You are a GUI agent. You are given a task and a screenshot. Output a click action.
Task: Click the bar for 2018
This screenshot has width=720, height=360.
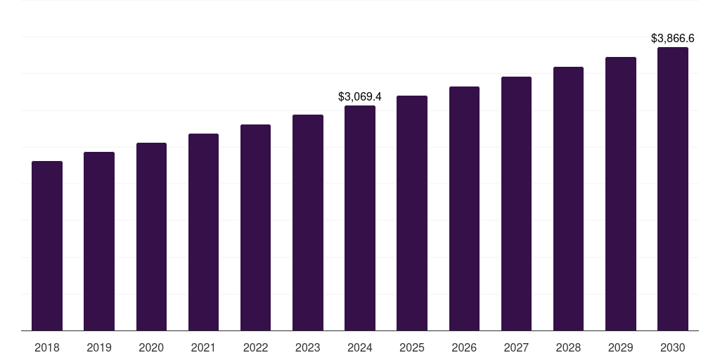pyautogui.click(x=47, y=246)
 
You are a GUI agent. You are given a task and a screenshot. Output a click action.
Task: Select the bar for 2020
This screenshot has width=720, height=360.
pyautogui.click(x=151, y=237)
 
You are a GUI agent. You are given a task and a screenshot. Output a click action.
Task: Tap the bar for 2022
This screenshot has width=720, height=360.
pyautogui.click(x=255, y=228)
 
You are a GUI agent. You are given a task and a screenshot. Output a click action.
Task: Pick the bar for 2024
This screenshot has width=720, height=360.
pyautogui.click(x=360, y=218)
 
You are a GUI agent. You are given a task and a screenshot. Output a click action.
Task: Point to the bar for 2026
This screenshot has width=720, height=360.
pyautogui.click(x=464, y=209)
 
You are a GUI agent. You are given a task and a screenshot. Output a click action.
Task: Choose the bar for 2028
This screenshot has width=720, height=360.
pyautogui.click(x=568, y=199)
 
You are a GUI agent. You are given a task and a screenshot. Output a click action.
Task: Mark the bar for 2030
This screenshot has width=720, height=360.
pyautogui.click(x=673, y=189)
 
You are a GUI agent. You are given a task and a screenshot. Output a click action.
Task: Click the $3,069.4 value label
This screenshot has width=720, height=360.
pyautogui.click(x=360, y=96)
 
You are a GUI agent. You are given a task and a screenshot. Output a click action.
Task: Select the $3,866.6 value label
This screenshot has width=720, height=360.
pyautogui.click(x=673, y=38)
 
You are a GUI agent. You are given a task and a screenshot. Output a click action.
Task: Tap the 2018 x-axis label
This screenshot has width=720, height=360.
pyautogui.click(x=47, y=347)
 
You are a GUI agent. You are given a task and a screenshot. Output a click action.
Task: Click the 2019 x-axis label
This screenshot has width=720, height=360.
pyautogui.click(x=99, y=347)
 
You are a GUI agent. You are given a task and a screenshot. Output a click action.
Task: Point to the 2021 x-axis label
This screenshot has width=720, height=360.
pyautogui.click(x=203, y=347)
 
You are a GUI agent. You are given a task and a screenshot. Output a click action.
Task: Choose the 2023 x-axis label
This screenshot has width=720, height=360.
pyautogui.click(x=308, y=347)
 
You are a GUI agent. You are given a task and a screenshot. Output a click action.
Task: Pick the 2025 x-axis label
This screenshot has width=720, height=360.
pyautogui.click(x=412, y=347)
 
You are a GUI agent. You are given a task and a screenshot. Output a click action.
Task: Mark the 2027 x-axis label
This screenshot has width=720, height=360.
pyautogui.click(x=516, y=347)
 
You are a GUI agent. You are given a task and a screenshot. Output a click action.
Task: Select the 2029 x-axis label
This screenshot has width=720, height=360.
pyautogui.click(x=621, y=347)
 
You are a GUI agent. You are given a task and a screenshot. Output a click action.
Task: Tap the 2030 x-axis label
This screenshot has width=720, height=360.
pyautogui.click(x=673, y=347)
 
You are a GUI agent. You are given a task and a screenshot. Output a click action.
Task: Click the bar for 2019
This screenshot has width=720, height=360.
pyautogui.click(x=99, y=241)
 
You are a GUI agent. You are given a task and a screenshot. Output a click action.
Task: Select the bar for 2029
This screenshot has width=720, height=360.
pyautogui.click(x=621, y=194)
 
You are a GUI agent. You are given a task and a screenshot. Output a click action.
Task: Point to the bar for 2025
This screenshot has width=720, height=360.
pyautogui.click(x=412, y=213)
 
